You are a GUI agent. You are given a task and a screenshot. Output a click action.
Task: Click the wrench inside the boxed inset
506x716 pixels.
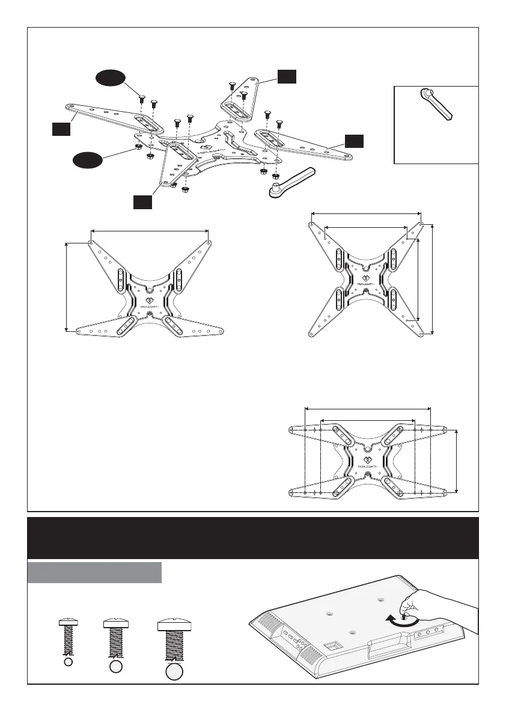[x=436, y=104]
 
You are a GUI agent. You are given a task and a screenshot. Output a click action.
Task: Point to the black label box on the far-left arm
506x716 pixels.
[x=61, y=128]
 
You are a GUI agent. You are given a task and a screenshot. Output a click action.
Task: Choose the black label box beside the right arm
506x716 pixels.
[x=354, y=141]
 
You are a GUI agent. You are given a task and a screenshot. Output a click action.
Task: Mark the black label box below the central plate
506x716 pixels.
[x=142, y=202]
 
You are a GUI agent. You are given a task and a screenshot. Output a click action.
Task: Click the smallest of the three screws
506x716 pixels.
[x=68, y=634]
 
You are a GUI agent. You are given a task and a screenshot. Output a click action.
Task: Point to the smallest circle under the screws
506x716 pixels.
[x=68, y=662]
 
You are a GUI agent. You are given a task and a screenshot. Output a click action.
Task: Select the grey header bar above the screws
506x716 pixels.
[x=94, y=572]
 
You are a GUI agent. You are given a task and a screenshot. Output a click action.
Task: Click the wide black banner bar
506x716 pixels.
[x=252, y=538]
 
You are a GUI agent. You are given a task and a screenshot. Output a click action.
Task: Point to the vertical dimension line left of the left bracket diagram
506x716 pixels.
[x=66, y=286]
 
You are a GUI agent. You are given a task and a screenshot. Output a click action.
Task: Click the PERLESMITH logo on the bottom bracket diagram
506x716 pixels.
[x=368, y=462]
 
